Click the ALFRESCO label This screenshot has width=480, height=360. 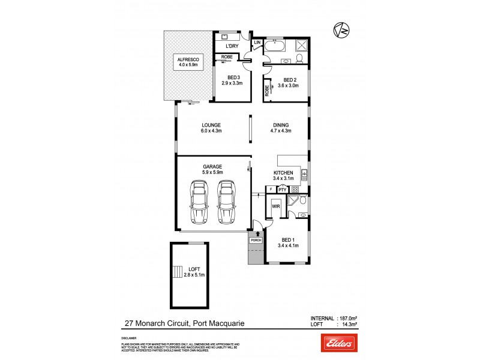coord(187,59)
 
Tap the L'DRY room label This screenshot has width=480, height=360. coord(231,46)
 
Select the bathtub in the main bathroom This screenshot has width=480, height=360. coord(277,46)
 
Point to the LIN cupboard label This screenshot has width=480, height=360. coord(257,43)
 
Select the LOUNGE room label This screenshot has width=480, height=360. coord(211,125)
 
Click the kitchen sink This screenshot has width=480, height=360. coord(304,176)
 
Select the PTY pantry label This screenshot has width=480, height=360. coord(281,190)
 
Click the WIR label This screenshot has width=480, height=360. coord(276,206)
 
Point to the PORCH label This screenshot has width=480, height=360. coord(256,240)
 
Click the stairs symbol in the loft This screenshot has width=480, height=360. coord(176,272)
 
